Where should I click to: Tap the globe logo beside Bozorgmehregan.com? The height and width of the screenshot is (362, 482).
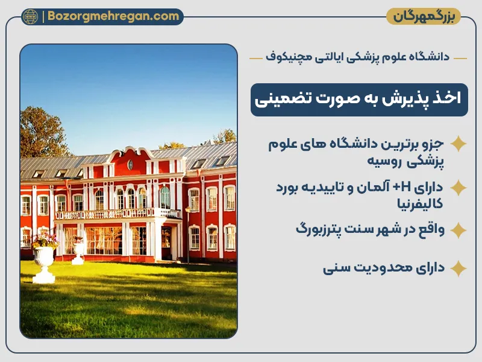pos(30,16)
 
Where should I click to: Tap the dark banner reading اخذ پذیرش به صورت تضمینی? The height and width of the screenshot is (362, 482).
pos(359,100)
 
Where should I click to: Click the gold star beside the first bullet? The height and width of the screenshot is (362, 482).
pos(459,144)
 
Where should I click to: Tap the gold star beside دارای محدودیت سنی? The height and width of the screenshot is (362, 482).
pos(459,268)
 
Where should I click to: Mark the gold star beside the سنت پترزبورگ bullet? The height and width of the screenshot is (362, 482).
pos(459,230)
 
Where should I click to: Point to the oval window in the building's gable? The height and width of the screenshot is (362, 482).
pos(130,164)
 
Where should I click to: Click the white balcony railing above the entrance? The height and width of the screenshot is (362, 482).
pos(117,214)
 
